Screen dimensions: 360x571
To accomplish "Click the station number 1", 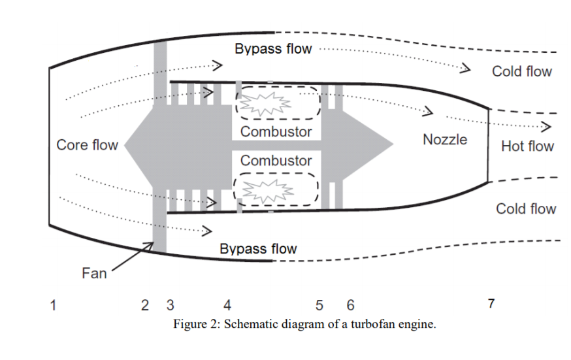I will (53, 304).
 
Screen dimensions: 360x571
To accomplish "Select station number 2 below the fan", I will (145, 304).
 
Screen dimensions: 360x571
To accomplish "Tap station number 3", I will (170, 304).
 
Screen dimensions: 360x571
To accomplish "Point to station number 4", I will (227, 304).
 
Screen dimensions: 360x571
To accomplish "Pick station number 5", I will (319, 304).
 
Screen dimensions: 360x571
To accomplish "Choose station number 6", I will (350, 304).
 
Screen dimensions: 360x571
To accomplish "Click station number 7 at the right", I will (491, 304).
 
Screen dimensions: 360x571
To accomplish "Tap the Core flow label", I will (87, 144).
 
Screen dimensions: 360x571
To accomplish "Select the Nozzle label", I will (445, 139).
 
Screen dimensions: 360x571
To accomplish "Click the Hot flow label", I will (527, 146).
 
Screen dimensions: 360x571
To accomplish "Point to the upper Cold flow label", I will (522, 72).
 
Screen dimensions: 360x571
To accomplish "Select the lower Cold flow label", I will (526, 209).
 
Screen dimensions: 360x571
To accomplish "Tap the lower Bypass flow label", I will (257, 249).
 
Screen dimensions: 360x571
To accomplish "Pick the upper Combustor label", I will (276, 131).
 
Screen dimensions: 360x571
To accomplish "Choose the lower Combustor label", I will (276, 160).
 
